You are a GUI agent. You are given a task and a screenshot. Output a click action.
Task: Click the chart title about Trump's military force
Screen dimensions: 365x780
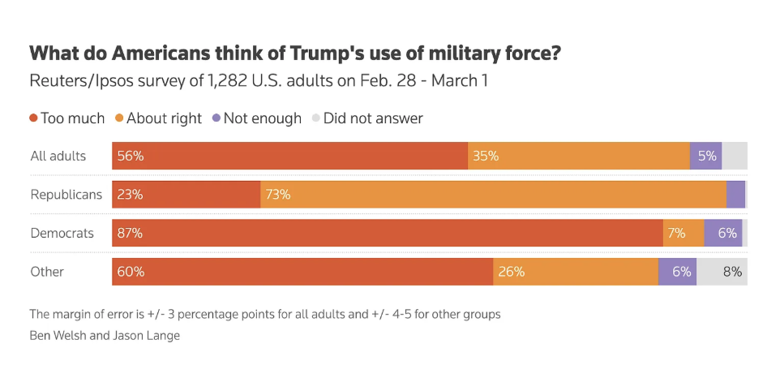(296, 54)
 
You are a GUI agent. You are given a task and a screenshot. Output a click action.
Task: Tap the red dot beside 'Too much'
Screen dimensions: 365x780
(33, 118)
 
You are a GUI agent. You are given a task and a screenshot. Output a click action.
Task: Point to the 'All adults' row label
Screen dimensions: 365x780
(58, 156)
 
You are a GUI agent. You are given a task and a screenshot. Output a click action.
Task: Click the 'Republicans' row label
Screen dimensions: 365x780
(66, 195)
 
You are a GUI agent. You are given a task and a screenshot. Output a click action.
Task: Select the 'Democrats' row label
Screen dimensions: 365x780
(62, 233)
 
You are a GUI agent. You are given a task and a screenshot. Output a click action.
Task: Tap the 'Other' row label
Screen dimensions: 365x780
(47, 272)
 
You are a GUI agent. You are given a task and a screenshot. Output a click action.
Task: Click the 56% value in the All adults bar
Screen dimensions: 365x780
(131, 156)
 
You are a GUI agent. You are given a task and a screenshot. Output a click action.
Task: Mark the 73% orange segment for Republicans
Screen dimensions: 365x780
(493, 195)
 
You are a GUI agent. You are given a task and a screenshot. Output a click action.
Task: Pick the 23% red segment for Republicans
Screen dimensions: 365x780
(186, 195)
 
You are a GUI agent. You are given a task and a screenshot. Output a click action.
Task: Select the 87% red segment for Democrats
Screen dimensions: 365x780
(387, 233)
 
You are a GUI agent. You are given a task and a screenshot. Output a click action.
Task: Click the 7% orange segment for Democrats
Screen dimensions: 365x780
(684, 233)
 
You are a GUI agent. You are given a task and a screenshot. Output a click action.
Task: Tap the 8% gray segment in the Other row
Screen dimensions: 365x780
(722, 272)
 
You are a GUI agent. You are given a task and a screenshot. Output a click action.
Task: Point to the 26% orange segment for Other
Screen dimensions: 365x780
(576, 272)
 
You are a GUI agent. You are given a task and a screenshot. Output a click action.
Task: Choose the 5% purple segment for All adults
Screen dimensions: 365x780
(705, 156)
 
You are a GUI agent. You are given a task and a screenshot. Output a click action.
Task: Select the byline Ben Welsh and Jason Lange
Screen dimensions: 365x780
(105, 335)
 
